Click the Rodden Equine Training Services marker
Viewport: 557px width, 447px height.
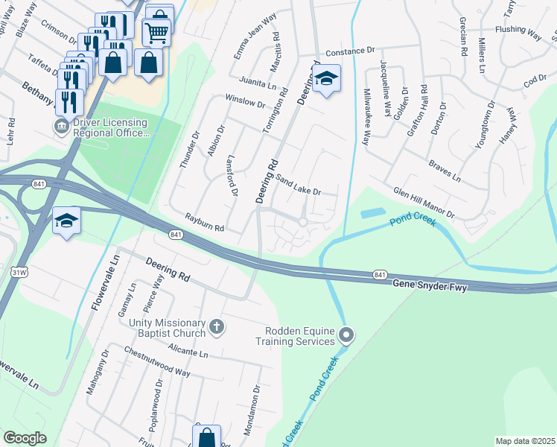[345, 335]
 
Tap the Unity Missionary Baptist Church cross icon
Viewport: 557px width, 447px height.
[216, 326]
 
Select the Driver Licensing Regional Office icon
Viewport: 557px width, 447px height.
[60, 127]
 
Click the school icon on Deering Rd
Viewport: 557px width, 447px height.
[326, 80]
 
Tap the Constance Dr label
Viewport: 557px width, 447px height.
[350, 52]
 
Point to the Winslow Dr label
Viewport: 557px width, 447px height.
[245, 102]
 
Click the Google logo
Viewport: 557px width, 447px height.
[24, 438]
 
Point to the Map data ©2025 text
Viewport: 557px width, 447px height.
[525, 441]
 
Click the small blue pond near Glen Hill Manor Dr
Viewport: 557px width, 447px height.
[372, 213]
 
